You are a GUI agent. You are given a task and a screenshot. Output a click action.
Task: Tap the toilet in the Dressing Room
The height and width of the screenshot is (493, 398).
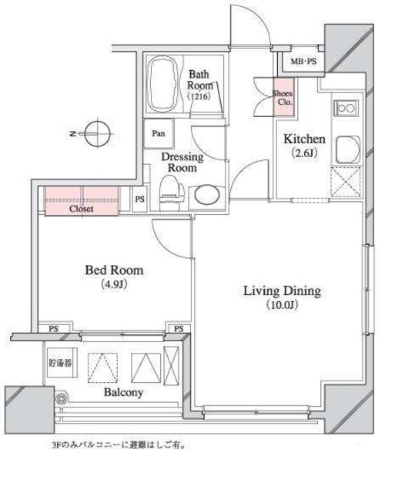171,193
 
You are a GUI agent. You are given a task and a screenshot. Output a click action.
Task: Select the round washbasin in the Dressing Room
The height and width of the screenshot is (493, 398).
206,195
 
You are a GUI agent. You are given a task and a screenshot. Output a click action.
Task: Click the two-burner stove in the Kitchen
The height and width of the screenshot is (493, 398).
346,108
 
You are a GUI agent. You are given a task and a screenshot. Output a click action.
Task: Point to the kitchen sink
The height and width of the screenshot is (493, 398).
347,149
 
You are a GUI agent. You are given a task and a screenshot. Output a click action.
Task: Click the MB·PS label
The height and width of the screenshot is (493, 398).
303,62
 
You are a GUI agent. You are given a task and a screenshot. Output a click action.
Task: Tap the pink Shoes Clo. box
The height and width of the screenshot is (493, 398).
284,97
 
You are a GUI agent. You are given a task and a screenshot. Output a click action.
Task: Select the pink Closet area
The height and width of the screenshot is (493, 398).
82,201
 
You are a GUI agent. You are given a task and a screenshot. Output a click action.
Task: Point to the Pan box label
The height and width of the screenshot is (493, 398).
159,133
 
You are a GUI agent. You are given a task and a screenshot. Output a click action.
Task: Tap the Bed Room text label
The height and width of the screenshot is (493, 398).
114,270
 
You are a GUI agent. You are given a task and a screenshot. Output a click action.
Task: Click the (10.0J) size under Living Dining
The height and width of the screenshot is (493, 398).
282,305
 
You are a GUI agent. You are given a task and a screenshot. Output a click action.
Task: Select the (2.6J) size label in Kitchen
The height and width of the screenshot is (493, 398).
304,153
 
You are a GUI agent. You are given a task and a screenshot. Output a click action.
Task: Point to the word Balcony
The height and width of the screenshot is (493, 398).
123,392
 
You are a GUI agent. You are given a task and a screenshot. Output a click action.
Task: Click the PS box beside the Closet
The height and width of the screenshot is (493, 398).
140,199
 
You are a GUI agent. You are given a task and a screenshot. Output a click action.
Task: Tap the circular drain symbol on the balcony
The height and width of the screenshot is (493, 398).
62,398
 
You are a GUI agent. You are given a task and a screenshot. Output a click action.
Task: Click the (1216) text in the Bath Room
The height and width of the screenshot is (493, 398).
199,96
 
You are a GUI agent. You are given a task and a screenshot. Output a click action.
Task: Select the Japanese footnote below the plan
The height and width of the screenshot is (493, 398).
119,445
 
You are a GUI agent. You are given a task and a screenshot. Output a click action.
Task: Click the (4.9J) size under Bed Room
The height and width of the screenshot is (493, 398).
114,284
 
